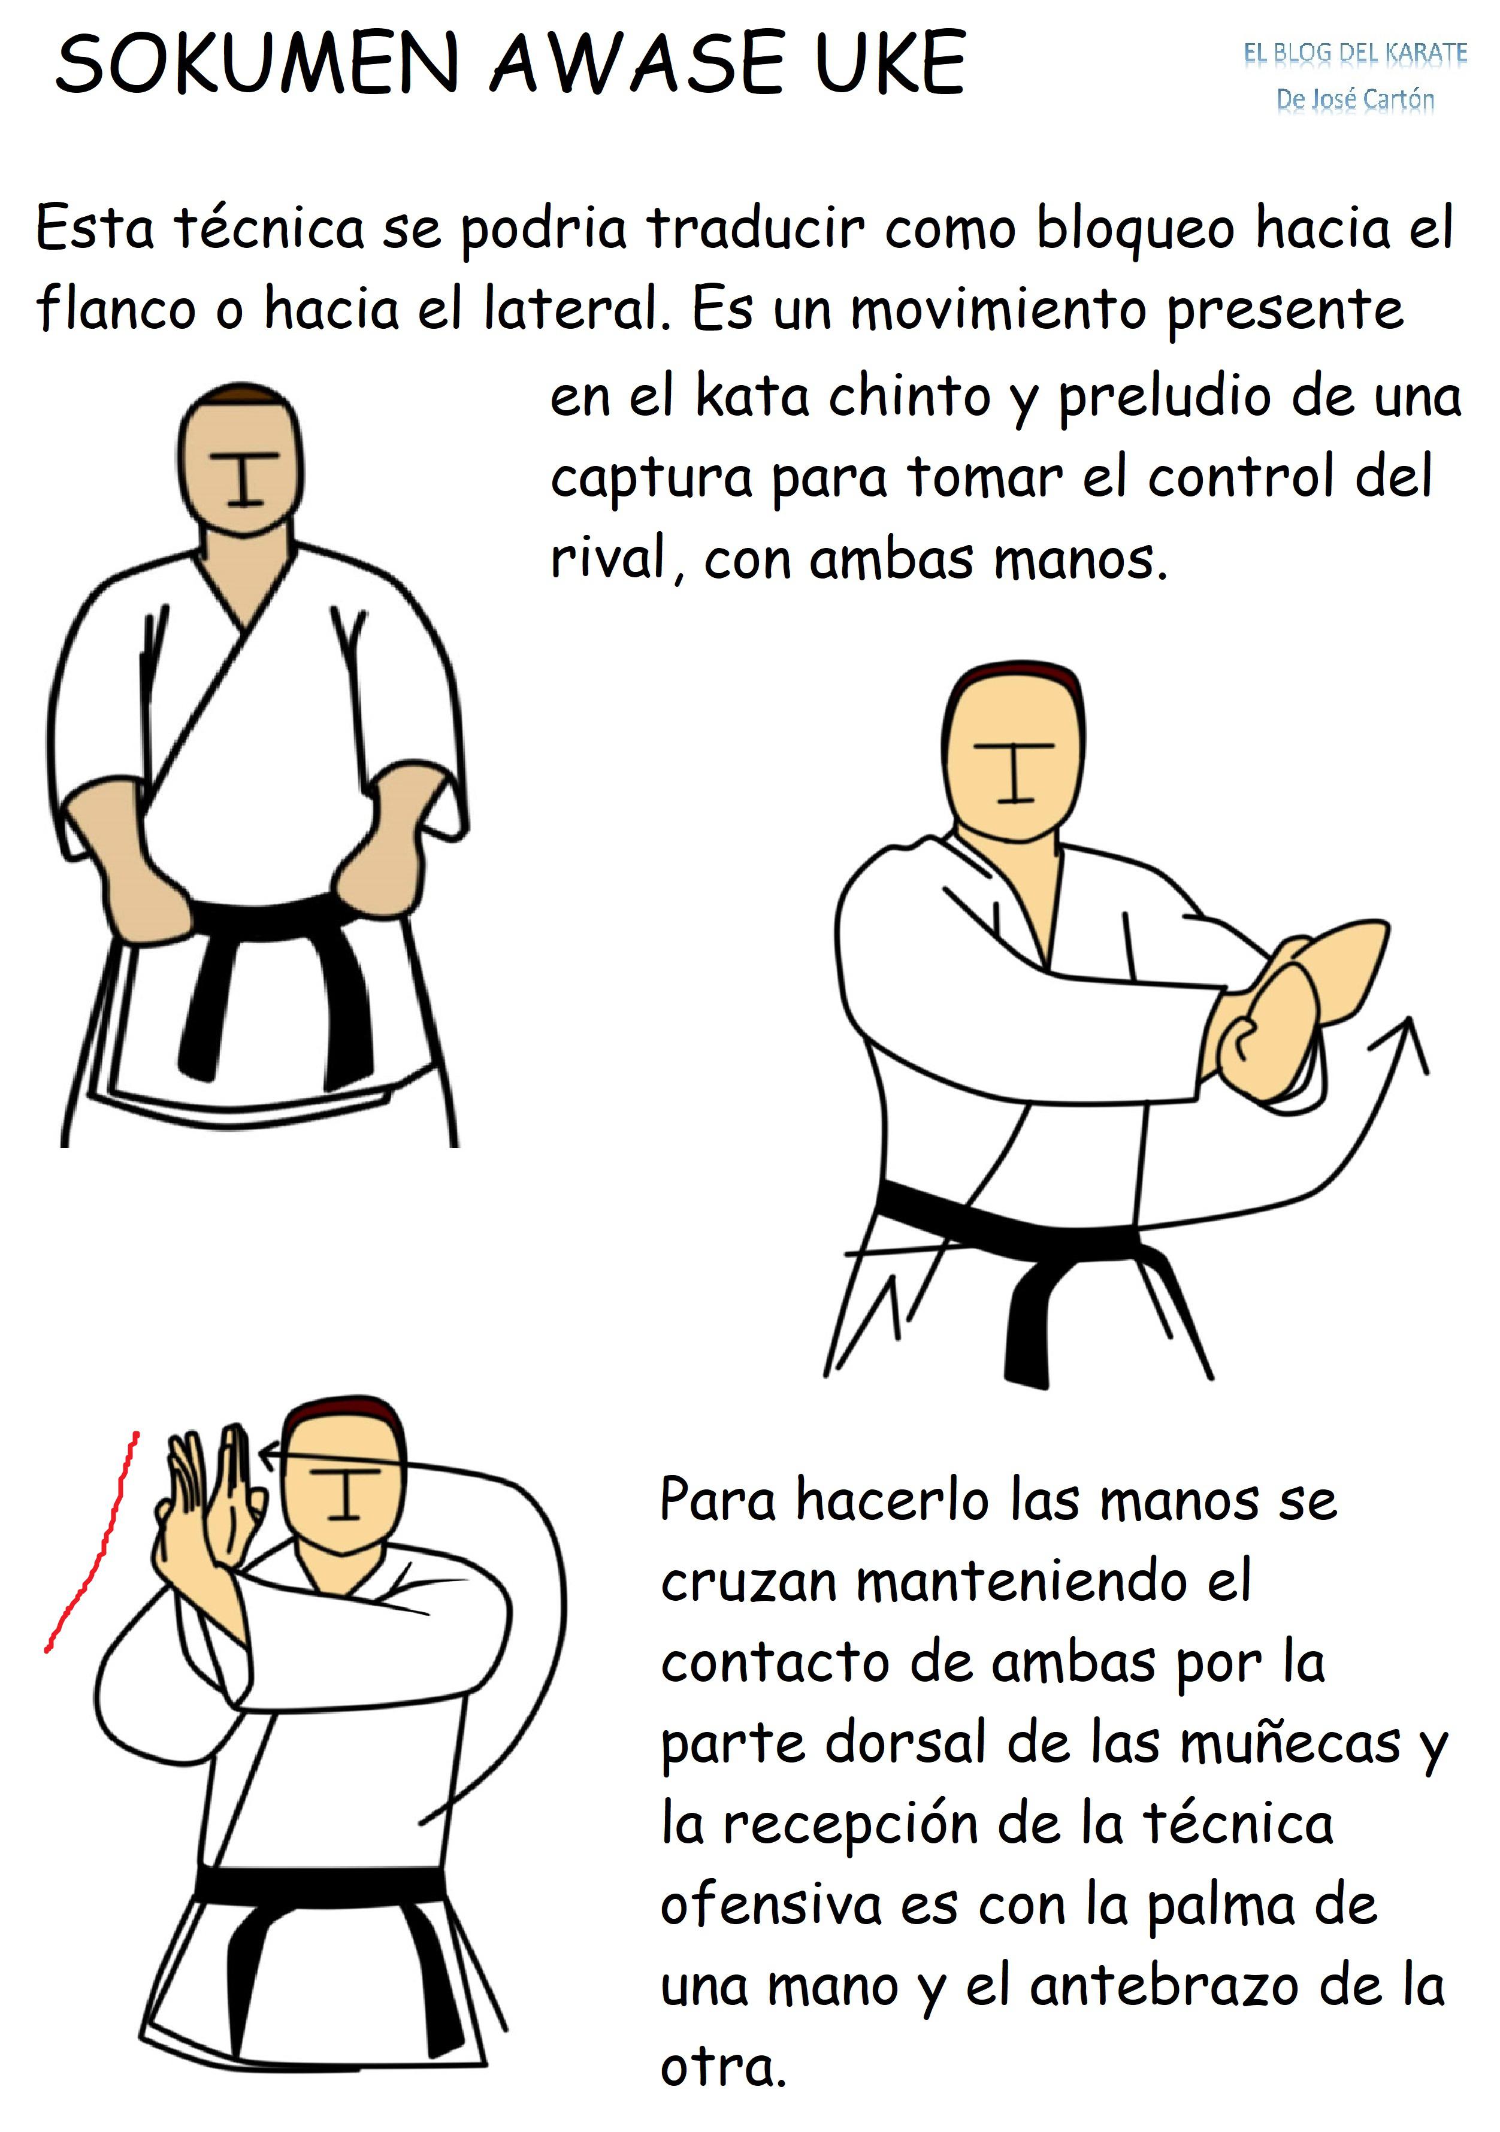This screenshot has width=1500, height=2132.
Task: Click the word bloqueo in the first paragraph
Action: tap(1135, 228)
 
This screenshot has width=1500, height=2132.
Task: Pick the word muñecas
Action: tap(1290, 1744)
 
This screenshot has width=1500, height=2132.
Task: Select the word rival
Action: tap(609, 559)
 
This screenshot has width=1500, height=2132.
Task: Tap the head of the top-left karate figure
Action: tap(241, 461)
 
